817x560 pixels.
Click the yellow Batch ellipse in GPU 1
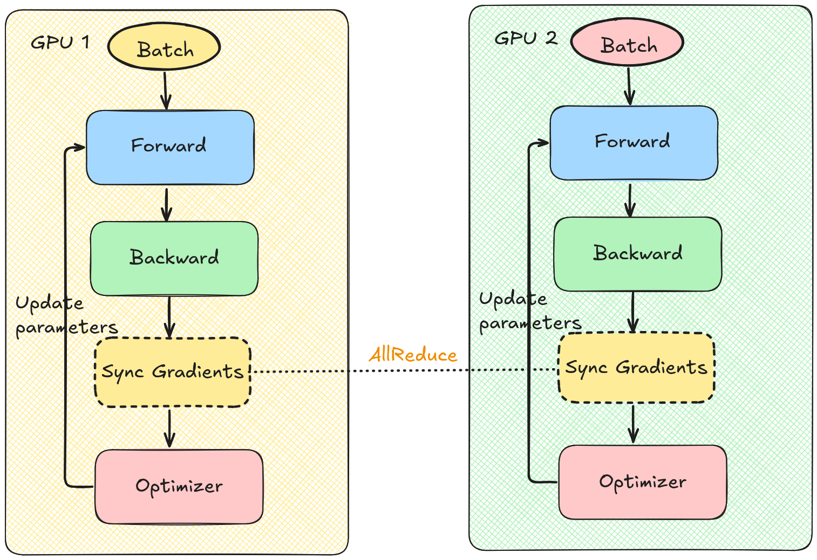(164, 47)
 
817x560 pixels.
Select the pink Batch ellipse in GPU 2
(627, 42)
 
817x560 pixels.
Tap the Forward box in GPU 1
(170, 148)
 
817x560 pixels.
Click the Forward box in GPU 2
(634, 143)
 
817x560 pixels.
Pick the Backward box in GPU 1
(174, 258)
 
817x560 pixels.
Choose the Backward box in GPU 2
(637, 254)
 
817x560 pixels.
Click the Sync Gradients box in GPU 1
(173, 372)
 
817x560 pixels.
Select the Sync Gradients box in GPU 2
(636, 368)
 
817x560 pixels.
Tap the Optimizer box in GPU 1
(179, 487)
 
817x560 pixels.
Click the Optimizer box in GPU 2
(643, 482)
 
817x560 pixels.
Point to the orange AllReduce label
(412, 355)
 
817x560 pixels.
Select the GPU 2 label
(526, 38)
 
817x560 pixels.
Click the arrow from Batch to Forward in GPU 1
(166, 91)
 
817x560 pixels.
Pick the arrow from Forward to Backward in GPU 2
(630, 201)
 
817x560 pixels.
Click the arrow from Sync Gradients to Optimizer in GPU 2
(633, 424)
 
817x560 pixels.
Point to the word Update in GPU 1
(49, 303)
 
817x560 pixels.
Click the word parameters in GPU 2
(530, 323)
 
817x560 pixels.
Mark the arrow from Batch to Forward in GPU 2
(629, 86)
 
